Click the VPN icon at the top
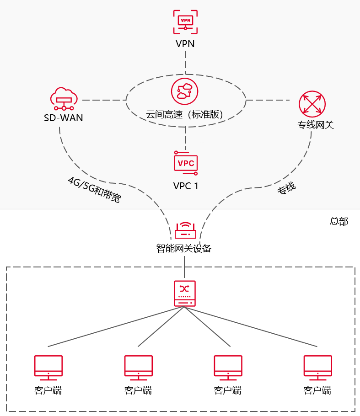185,22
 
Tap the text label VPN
185,44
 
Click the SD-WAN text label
64,118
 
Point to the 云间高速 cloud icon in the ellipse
185,91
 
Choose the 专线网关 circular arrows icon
312,104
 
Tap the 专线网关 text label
316,124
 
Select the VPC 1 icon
186,163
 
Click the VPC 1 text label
186,186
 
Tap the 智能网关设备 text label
184,249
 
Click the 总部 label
339,222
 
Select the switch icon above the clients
185,293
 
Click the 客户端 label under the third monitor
227,391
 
